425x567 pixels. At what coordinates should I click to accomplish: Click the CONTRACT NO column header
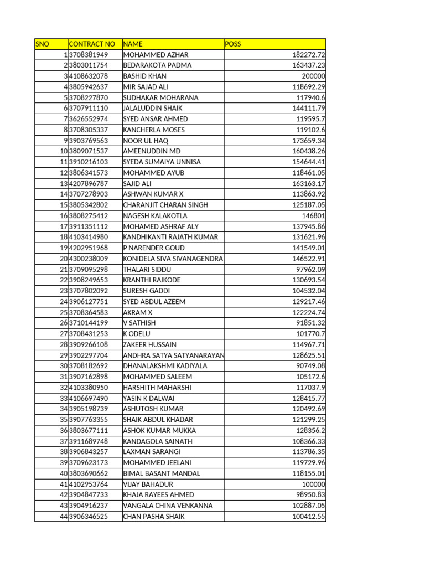pos(92,44)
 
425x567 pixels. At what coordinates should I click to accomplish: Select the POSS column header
pos(234,44)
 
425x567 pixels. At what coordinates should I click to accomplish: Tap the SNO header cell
pos(42,44)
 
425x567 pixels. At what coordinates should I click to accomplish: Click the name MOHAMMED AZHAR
pos(156,55)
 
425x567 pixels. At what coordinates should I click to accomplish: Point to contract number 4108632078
pos(89,76)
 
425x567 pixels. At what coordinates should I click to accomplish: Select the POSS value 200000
pos(313,76)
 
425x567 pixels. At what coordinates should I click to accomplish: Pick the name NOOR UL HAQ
pos(145,141)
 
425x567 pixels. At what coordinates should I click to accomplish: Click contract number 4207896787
pos(89,183)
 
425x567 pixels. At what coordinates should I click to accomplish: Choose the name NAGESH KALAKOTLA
pos(155,216)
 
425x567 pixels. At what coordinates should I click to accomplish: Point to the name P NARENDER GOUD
pos(153,248)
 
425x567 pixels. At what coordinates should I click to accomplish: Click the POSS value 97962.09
pos(310,269)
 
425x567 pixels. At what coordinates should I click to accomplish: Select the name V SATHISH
pos(139,323)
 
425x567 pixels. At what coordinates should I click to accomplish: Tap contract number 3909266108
pos(89,344)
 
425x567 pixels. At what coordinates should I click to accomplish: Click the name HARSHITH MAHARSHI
pos(157,388)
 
